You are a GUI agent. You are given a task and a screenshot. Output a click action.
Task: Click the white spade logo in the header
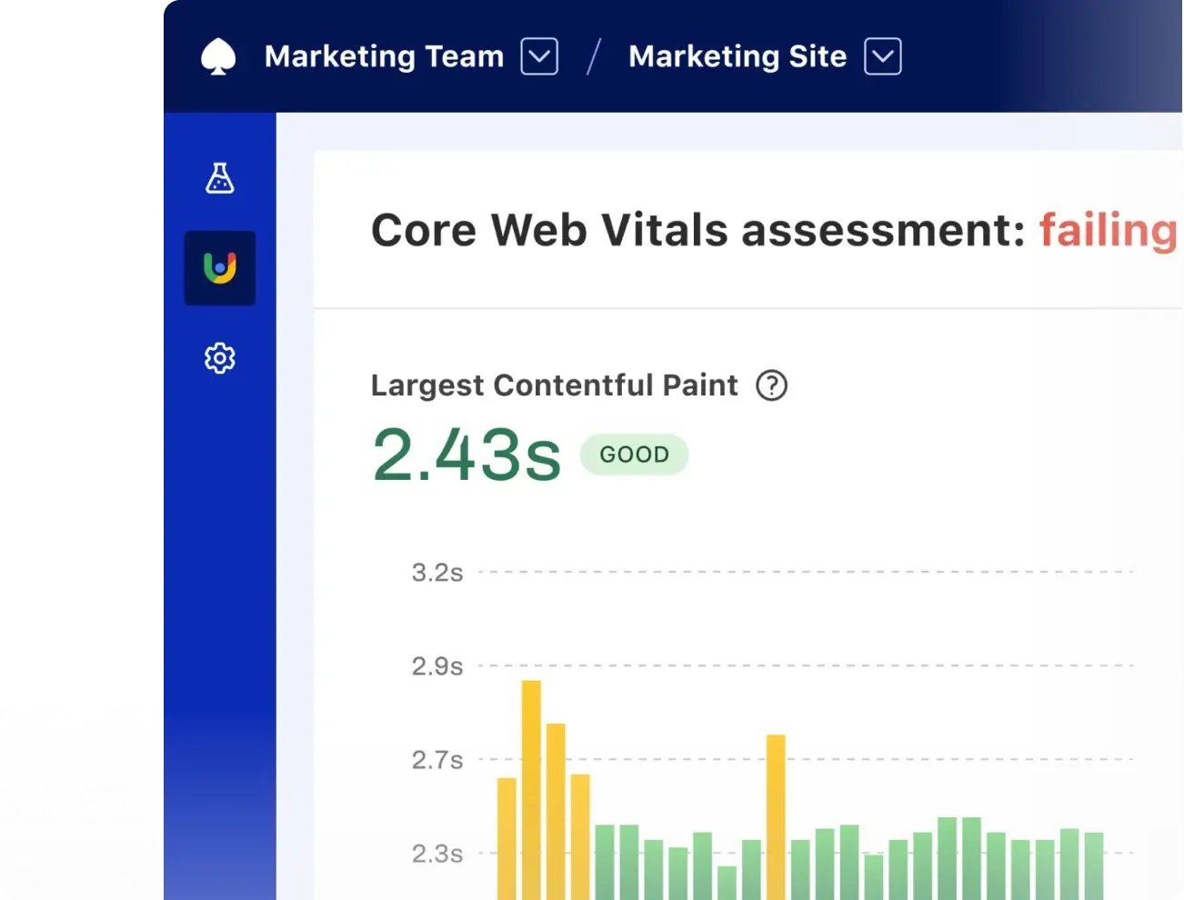(x=218, y=56)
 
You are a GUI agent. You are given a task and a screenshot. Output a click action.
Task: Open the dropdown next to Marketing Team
(x=539, y=56)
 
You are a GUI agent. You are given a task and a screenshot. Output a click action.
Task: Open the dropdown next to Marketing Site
(x=882, y=56)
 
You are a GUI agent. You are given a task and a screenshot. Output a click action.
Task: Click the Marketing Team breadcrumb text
(x=384, y=56)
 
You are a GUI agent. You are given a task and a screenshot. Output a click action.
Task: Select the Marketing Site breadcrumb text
(x=737, y=56)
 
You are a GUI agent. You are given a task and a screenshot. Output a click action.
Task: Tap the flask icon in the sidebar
(x=219, y=178)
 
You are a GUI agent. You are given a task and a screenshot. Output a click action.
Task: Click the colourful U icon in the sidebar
(x=220, y=268)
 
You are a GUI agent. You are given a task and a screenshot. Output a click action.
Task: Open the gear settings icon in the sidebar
(x=219, y=358)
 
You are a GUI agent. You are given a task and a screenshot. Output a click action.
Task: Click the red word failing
(x=1108, y=230)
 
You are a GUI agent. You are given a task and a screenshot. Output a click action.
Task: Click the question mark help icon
(x=771, y=385)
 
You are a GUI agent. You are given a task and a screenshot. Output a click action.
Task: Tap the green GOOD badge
(x=634, y=455)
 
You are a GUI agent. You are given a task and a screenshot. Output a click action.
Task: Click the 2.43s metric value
(x=467, y=455)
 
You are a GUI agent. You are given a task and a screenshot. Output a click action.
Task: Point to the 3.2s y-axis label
(x=437, y=573)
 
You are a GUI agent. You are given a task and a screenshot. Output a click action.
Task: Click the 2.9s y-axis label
(x=437, y=666)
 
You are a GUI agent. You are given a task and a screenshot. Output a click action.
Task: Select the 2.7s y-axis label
(x=437, y=760)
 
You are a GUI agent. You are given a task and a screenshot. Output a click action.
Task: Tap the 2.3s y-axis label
(x=437, y=854)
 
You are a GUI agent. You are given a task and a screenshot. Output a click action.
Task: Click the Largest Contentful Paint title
(x=554, y=385)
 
